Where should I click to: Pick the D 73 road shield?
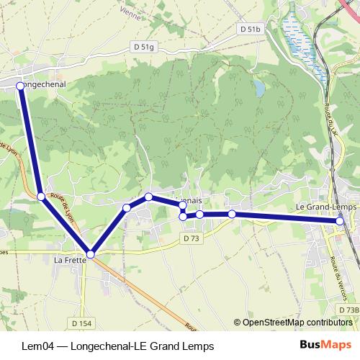pos(192,238)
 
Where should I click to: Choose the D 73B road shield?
pos(348,310)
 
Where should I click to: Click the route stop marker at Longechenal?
pos(20,86)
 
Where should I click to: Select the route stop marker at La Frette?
pos(90,254)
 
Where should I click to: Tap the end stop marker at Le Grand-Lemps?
pos(340,221)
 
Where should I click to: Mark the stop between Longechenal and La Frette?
pos(41,196)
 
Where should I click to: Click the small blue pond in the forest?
pos(258,88)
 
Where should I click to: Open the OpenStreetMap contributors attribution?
pos(295,323)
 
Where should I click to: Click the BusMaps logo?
pos(320,346)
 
